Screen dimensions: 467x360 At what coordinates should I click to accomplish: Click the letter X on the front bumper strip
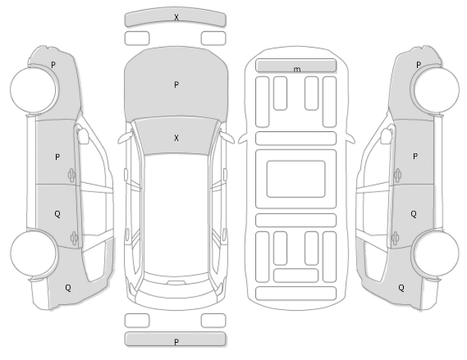point(176,17)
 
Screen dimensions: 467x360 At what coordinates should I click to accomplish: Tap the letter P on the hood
point(176,85)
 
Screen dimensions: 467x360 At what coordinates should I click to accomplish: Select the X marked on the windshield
point(176,138)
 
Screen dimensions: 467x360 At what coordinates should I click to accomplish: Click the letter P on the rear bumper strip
point(176,342)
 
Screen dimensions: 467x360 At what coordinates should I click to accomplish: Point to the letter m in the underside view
point(297,70)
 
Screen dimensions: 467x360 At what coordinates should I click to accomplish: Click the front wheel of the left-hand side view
point(34,89)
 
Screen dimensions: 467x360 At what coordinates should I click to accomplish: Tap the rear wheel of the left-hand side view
point(34,253)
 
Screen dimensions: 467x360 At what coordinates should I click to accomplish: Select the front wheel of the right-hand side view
point(436,89)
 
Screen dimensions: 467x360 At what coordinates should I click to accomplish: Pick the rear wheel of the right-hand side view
point(436,253)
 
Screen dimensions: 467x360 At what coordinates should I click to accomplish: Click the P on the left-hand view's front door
point(57,157)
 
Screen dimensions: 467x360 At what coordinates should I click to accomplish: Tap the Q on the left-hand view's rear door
point(57,214)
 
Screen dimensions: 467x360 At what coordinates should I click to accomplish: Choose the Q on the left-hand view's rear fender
point(68,288)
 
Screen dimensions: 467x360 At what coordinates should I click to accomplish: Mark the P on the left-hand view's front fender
point(53,65)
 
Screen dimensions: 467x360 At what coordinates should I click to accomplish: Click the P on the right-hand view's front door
point(415,156)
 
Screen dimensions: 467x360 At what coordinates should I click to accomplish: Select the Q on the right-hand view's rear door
point(414,214)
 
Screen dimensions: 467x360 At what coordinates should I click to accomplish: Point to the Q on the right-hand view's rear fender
point(401,288)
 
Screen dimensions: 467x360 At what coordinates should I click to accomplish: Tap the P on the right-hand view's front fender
point(419,65)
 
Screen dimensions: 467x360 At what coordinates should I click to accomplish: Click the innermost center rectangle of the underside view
point(295,179)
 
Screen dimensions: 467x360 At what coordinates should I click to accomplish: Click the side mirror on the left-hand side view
point(83,135)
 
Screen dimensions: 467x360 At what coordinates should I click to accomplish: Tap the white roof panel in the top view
point(176,214)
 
